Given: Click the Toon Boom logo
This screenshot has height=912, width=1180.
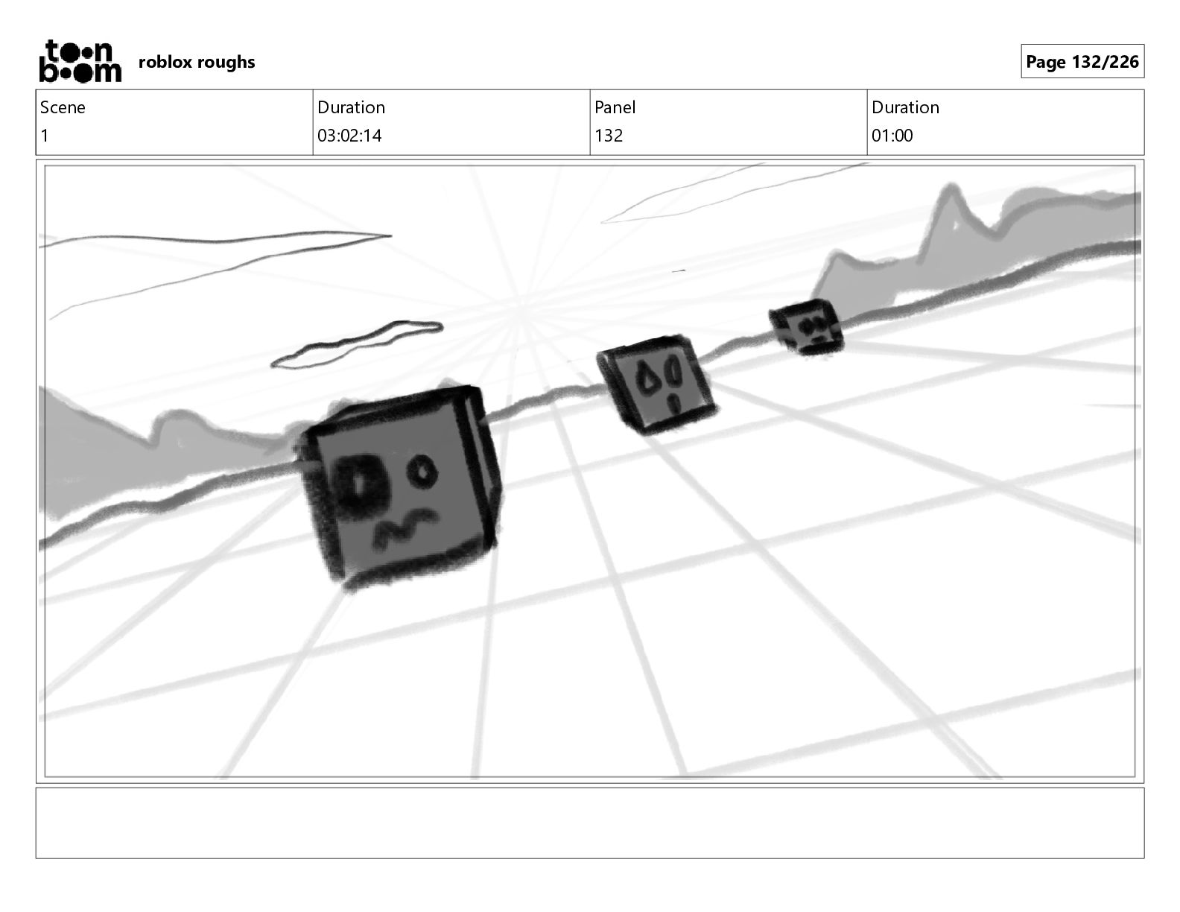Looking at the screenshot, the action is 80,61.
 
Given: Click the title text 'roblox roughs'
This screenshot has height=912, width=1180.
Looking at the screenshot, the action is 197,63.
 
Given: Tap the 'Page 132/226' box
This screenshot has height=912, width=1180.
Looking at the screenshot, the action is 1082,61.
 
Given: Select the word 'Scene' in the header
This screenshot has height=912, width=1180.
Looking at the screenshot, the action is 63,107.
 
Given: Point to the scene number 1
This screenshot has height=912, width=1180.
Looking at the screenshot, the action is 45,136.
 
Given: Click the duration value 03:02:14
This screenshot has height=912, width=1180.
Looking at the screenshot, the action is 349,136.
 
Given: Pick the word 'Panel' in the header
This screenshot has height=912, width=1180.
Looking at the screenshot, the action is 615,107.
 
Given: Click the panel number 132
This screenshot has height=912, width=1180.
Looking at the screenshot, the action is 608,136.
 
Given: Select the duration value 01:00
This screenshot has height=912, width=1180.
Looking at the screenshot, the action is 892,136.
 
